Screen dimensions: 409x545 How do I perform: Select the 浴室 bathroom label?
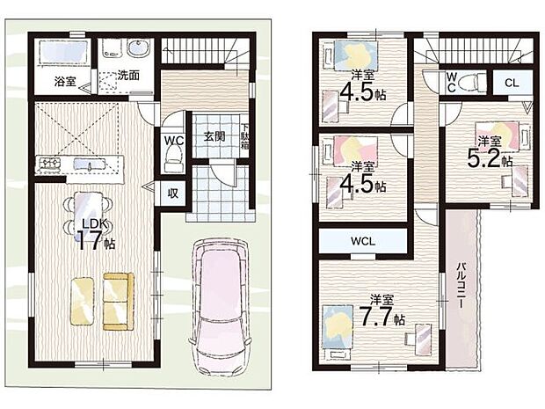pyautogui.click(x=64, y=82)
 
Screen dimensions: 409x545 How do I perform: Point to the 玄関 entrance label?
pyautogui.click(x=214, y=136)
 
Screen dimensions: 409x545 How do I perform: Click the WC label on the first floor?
pyautogui.click(x=172, y=138)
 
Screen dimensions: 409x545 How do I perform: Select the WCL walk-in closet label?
pyautogui.click(x=363, y=239)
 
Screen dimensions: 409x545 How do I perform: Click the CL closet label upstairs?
pyautogui.click(x=511, y=84)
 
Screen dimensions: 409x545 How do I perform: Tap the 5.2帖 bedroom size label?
pyautogui.click(x=489, y=154)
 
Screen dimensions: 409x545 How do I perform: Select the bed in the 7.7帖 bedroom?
pyautogui.click(x=339, y=325)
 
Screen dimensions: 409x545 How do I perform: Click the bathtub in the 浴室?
pyautogui.click(x=61, y=53)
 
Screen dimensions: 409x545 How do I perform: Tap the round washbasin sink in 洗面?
pyautogui.click(x=139, y=47)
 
